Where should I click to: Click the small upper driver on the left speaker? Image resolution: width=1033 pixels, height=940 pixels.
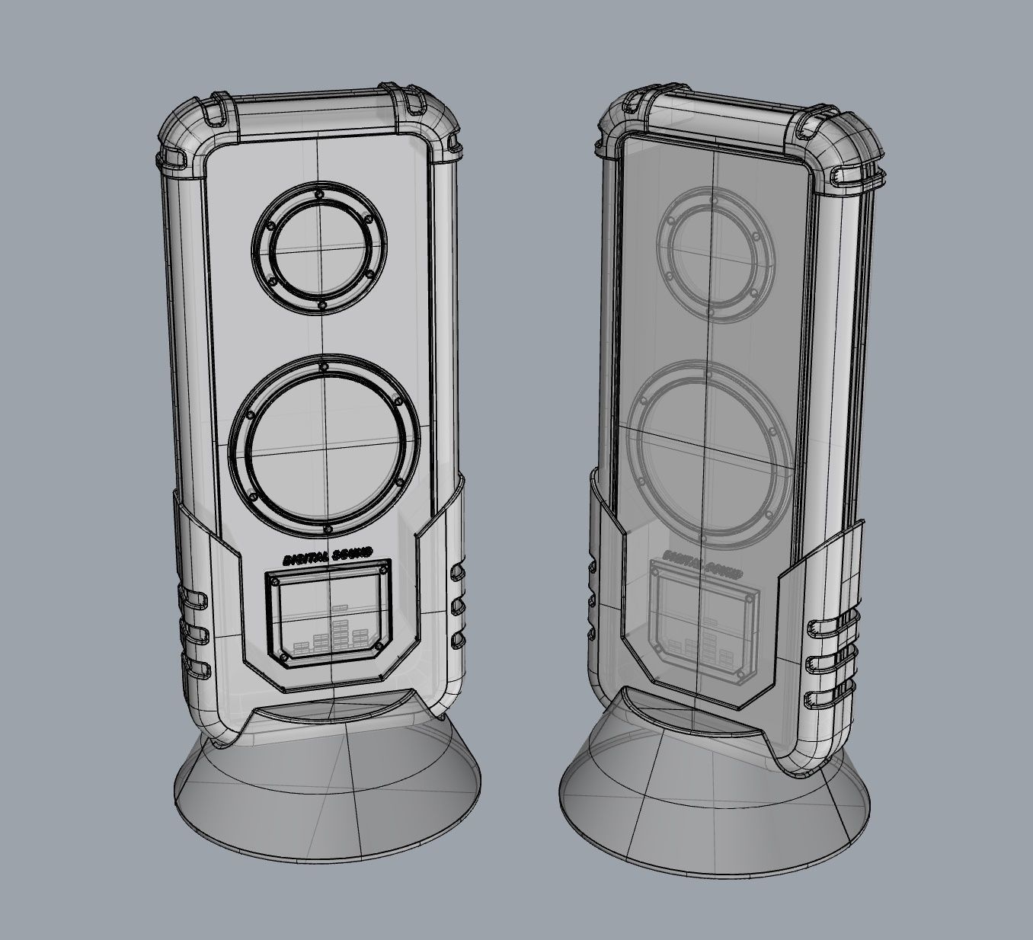321,248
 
